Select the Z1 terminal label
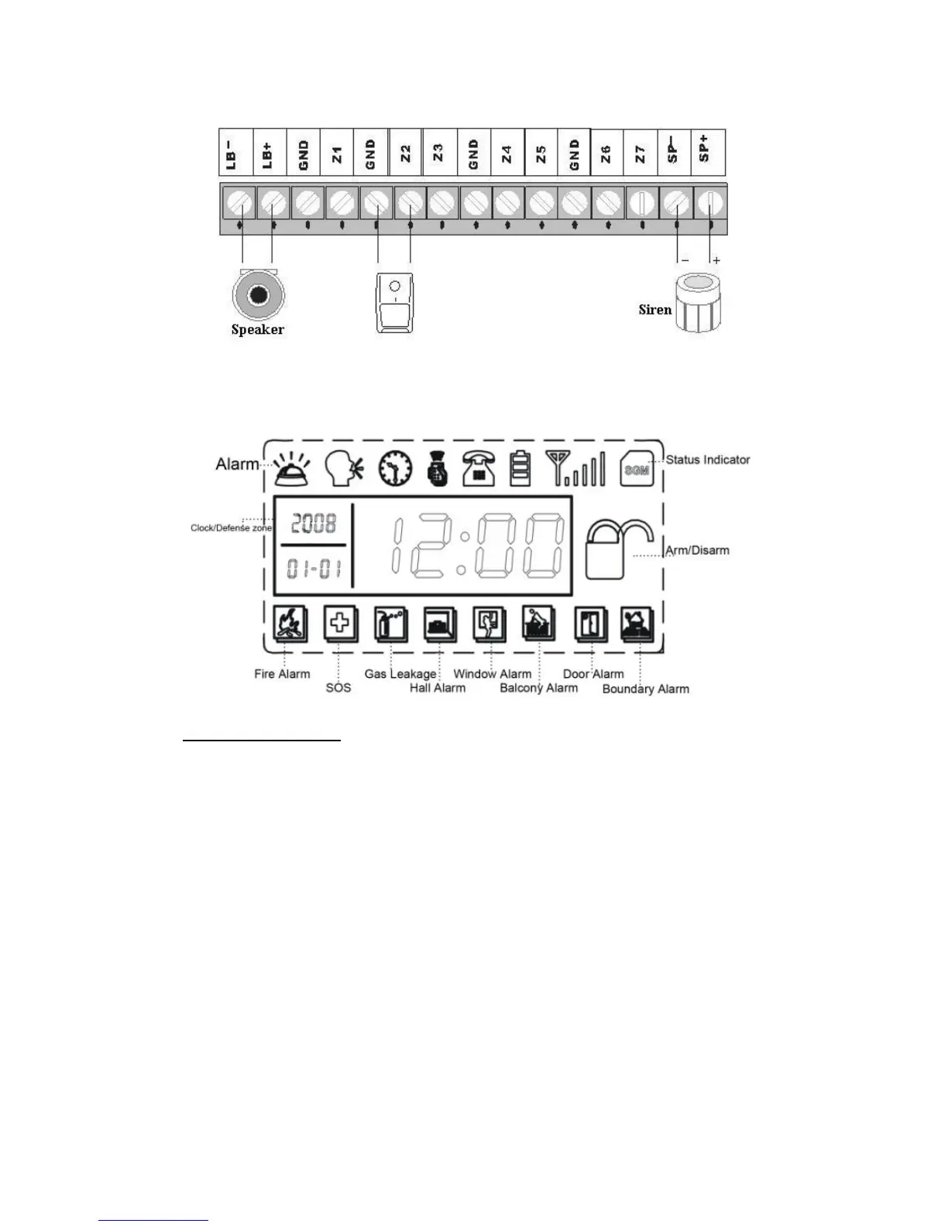[x=337, y=153]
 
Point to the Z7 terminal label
[x=640, y=153]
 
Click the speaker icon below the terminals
[x=258, y=295]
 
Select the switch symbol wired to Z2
[x=393, y=302]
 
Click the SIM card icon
[x=637, y=469]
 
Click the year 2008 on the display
[x=314, y=524]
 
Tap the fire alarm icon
[x=290, y=623]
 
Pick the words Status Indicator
[x=708, y=460]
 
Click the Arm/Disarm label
[x=698, y=551]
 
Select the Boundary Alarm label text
[x=645, y=689]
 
